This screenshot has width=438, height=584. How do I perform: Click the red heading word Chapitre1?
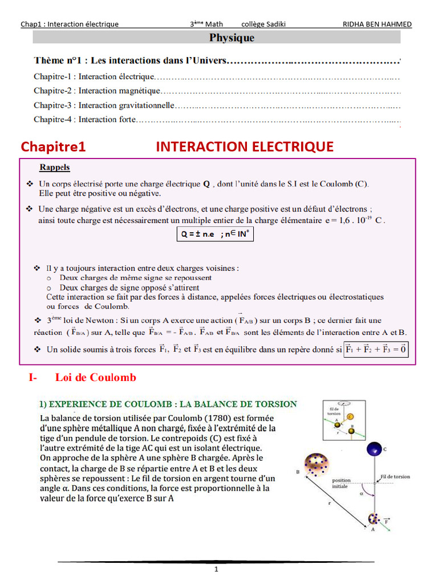[x=53, y=147]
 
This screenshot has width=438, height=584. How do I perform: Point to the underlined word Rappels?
[x=55, y=167]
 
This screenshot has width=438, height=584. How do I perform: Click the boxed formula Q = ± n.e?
[x=214, y=234]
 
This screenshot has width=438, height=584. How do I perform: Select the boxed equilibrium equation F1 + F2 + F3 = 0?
[x=376, y=349]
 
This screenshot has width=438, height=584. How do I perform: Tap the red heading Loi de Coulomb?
[x=96, y=378]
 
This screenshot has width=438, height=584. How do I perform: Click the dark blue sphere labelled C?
[x=374, y=449]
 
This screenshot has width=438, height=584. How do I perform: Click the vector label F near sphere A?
[x=387, y=520]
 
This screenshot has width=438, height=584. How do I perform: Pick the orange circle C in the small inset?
[x=350, y=417]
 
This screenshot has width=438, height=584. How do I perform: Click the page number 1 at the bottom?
[x=216, y=569]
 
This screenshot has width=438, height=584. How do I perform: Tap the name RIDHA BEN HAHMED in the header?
[x=377, y=24]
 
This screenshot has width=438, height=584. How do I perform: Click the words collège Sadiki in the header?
[x=263, y=24]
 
